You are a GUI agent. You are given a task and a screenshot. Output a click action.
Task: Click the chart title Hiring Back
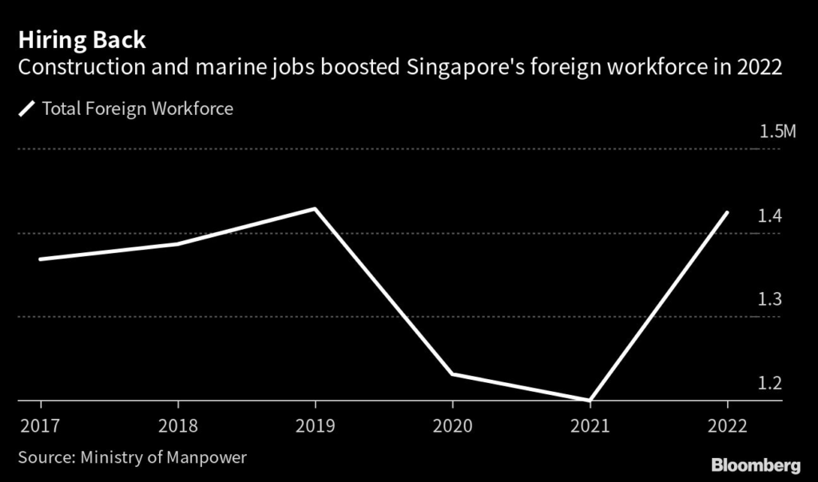[x=82, y=39]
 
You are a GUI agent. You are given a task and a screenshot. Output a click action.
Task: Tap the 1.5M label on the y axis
[x=776, y=132]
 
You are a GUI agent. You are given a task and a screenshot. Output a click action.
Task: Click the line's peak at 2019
[x=316, y=209]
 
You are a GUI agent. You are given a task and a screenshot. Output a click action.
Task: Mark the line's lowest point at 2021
[x=590, y=399]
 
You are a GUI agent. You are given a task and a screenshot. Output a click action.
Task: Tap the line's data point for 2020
[x=452, y=373]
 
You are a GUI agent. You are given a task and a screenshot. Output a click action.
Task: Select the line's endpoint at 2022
[x=727, y=213]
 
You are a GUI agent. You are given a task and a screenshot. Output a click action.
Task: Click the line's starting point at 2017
[x=40, y=259]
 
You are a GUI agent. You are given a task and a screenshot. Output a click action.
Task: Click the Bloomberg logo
[x=755, y=464]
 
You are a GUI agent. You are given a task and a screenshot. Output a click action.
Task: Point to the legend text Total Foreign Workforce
[x=137, y=109]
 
